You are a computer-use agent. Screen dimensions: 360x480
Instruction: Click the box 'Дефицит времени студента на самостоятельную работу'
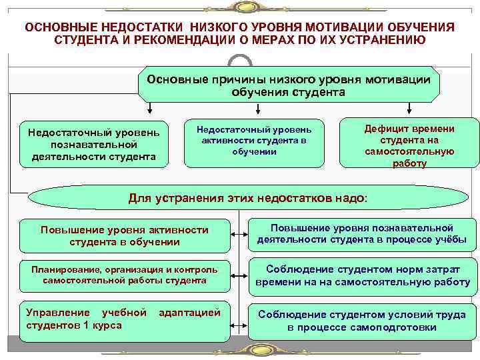(x=409, y=144)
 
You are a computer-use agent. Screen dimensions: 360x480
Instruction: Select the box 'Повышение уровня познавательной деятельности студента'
(x=362, y=234)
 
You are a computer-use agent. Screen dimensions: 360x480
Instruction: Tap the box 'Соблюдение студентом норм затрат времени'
(x=362, y=276)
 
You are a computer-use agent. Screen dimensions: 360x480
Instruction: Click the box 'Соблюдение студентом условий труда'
(x=362, y=320)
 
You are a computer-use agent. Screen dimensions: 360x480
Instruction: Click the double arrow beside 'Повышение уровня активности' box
(x=238, y=234)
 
